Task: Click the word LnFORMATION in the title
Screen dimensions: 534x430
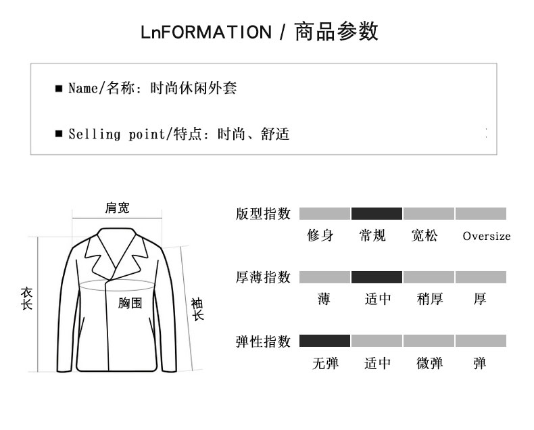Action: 205,32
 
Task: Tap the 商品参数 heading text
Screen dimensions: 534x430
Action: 336,32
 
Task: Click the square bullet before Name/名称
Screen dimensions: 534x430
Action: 59,89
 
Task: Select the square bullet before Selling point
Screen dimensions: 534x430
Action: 59,134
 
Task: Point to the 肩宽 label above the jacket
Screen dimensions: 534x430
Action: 117,208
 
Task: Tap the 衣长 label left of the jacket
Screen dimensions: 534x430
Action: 26,298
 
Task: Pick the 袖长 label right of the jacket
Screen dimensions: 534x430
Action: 197,309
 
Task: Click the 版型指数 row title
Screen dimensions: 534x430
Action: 263,214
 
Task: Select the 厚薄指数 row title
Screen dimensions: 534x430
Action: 263,277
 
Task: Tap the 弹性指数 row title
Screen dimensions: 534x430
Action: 263,341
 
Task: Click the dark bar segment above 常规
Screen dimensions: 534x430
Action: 377,214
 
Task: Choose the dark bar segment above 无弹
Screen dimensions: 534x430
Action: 324,341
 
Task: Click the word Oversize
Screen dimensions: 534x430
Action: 486,237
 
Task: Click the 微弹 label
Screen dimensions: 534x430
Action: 429,363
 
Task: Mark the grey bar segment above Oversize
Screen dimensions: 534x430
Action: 481,214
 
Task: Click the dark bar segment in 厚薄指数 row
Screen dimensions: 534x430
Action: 377,277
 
